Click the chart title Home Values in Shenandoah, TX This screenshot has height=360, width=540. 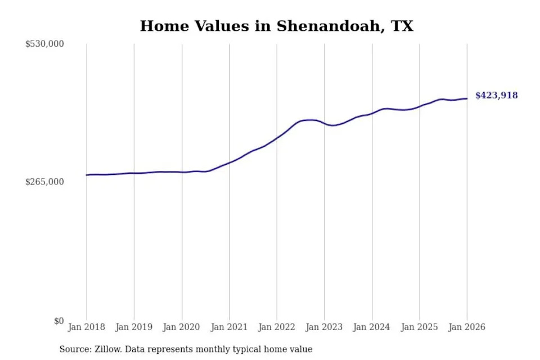point(276,26)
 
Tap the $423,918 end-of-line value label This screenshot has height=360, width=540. point(496,96)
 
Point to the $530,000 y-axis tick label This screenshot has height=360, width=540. point(44,44)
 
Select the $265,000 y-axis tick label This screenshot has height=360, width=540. point(44,182)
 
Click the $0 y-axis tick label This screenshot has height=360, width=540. point(59,321)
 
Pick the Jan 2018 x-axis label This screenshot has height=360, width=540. point(87,327)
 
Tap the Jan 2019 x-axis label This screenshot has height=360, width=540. point(134,327)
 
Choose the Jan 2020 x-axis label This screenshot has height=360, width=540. point(182,327)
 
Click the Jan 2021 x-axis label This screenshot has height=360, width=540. point(229,327)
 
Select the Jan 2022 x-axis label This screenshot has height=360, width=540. point(277,327)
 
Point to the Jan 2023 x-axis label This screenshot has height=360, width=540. point(324,327)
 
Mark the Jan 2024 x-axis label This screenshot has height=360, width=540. point(372,327)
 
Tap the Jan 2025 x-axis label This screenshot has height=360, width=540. point(419,327)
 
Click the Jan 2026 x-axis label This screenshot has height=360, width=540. point(467,327)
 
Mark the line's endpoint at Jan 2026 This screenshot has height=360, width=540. point(467,98)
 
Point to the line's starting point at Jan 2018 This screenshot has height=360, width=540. point(87,175)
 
